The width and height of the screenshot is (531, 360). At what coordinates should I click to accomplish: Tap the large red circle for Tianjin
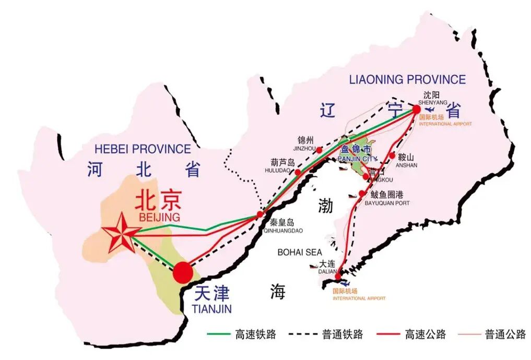click(183, 272)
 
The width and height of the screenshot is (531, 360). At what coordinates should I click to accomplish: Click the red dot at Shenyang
click(416, 110)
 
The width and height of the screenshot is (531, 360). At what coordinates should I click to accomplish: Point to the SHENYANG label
click(433, 103)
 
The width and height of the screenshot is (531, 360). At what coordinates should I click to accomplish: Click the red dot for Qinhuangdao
click(260, 214)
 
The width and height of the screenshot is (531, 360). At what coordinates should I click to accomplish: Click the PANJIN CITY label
click(357, 158)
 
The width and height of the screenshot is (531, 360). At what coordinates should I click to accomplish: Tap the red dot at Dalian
click(339, 273)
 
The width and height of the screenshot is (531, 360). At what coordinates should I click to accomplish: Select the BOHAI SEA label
click(300, 252)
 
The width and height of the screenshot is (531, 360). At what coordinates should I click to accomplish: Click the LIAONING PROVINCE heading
click(407, 80)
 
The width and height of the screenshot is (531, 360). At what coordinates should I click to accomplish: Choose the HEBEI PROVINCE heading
click(143, 149)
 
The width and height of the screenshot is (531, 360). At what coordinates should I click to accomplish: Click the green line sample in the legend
click(219, 334)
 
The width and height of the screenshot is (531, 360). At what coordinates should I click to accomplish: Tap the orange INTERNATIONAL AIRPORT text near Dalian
click(359, 298)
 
